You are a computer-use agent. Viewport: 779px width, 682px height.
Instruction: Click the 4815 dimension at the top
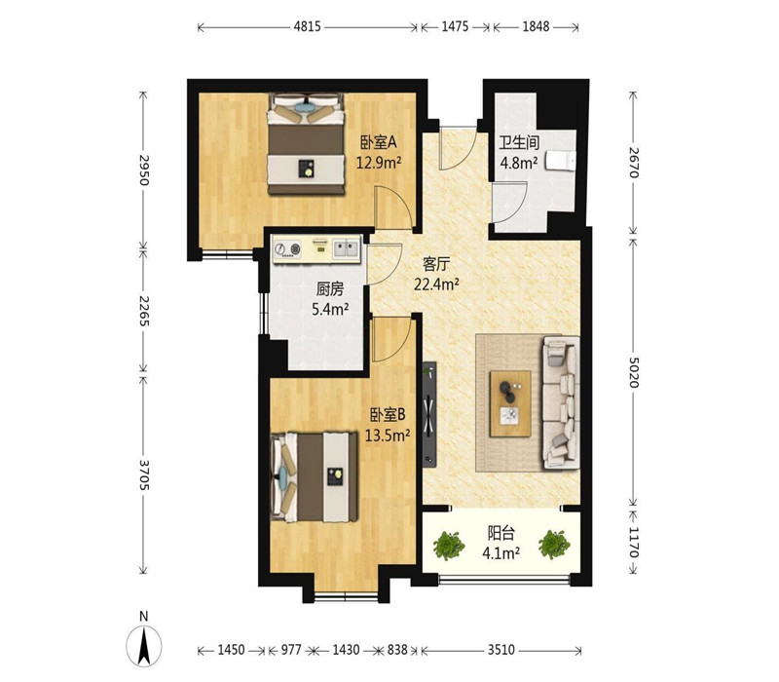(x=307, y=27)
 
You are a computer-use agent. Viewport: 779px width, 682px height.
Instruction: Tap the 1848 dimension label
(x=536, y=27)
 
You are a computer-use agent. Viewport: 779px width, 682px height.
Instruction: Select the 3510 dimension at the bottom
(x=501, y=650)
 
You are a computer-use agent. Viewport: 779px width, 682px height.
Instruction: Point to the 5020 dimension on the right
(x=633, y=372)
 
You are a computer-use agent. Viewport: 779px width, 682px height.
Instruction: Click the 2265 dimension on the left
(x=143, y=311)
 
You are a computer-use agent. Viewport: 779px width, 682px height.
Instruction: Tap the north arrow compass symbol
(x=144, y=645)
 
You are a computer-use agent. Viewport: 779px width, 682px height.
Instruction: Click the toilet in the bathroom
(x=561, y=161)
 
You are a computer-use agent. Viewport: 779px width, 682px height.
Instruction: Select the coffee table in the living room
(x=510, y=403)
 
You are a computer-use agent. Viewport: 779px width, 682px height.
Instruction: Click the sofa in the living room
(x=561, y=402)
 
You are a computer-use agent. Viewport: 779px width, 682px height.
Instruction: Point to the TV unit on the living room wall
(x=429, y=414)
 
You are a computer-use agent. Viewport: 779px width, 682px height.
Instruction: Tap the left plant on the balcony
(x=449, y=546)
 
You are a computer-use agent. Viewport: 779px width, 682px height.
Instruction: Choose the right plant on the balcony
(x=554, y=545)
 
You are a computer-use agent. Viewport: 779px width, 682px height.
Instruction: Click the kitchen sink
(x=346, y=248)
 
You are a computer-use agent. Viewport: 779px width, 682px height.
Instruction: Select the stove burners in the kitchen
(x=287, y=249)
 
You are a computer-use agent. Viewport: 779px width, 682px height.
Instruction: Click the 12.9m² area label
(x=379, y=162)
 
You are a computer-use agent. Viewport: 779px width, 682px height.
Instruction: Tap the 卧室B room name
(x=388, y=414)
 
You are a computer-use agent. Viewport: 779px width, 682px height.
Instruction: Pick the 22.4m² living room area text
(x=436, y=284)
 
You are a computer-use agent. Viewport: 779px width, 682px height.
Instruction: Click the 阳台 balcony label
(x=501, y=533)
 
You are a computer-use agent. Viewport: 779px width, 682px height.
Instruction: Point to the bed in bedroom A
(x=306, y=144)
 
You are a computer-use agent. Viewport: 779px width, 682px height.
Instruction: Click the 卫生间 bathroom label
(x=519, y=143)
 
